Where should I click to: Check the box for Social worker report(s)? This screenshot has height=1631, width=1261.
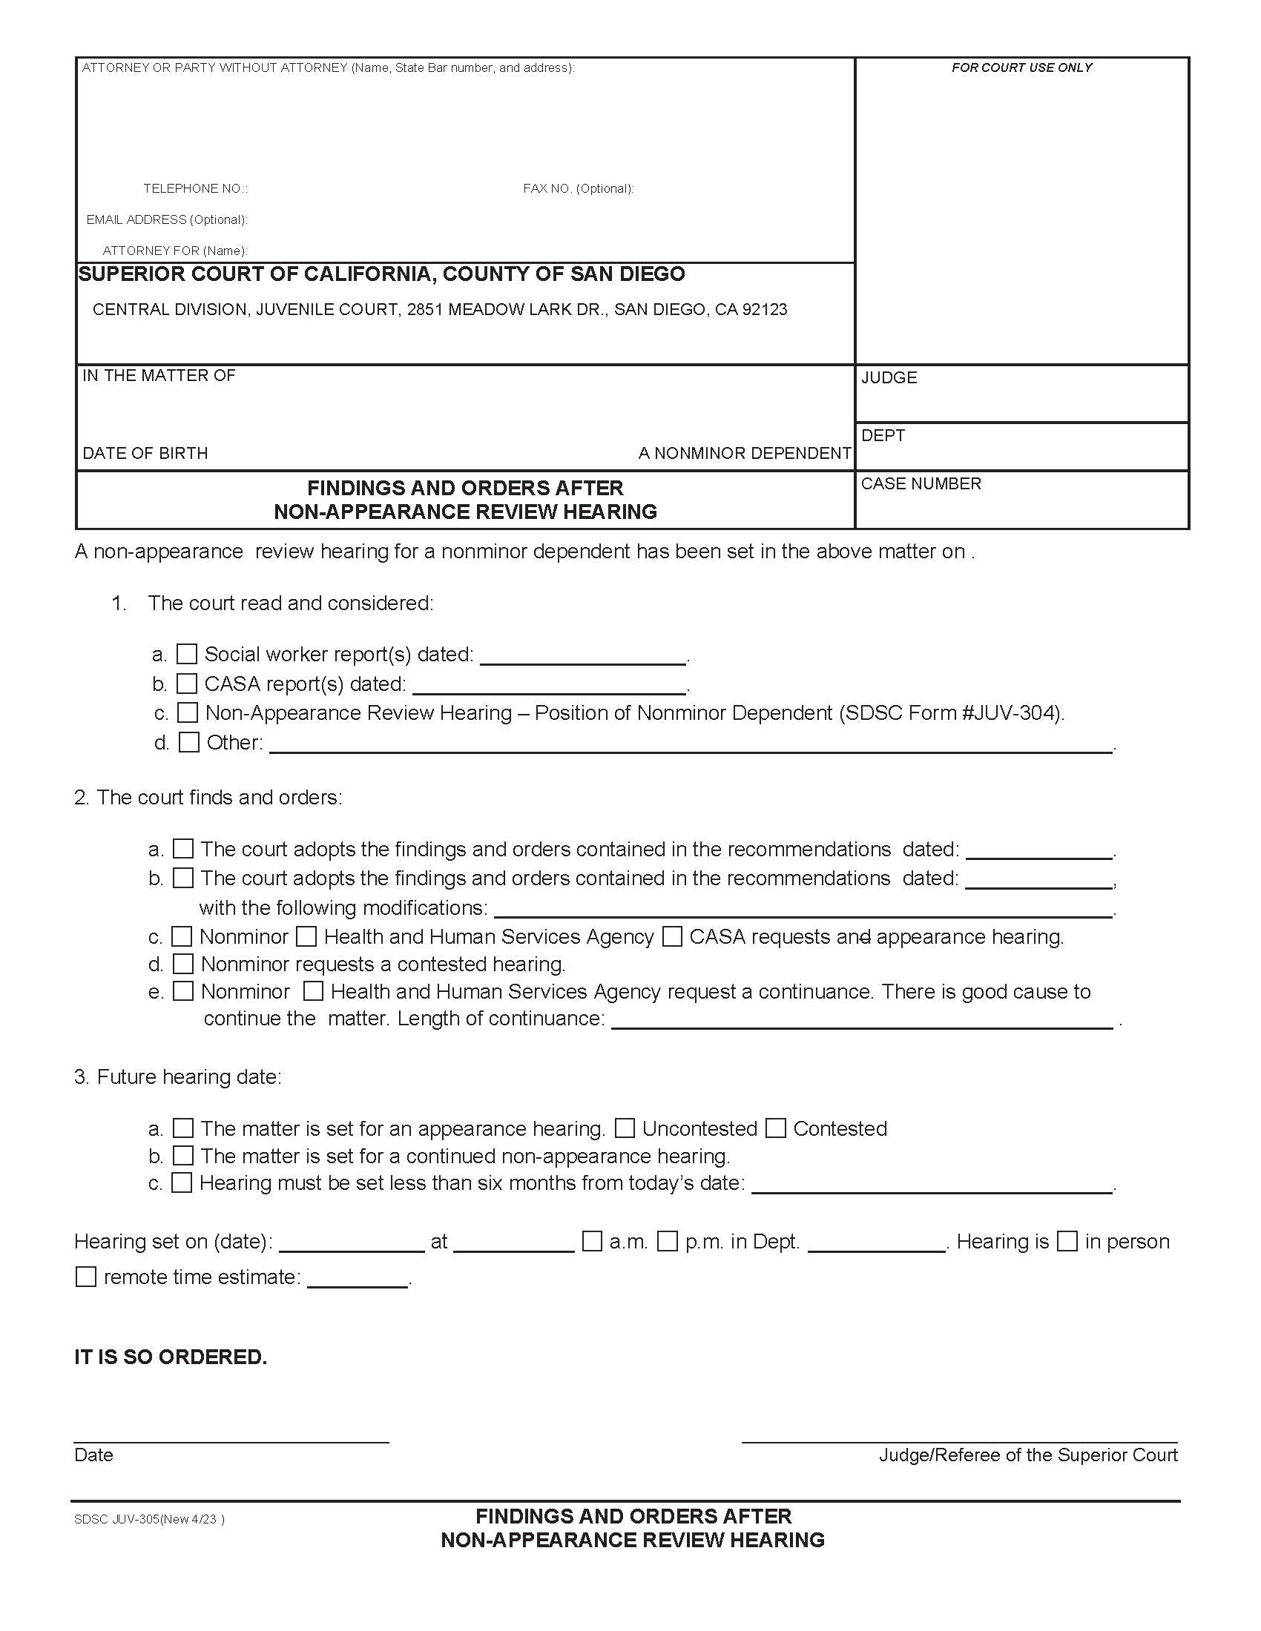pos(186,654)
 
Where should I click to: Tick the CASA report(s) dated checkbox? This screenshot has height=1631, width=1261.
pos(186,684)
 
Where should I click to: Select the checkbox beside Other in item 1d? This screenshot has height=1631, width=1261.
pos(189,742)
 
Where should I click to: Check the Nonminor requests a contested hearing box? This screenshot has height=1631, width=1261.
pos(183,964)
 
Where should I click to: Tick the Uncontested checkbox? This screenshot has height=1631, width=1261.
pos(625,1128)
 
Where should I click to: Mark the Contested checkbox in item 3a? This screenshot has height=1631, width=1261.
pos(776,1128)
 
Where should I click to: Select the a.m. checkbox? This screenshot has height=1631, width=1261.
pos(592,1242)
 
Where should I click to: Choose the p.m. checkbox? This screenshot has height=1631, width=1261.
pos(667,1242)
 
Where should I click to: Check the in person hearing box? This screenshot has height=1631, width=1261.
pos(1067,1242)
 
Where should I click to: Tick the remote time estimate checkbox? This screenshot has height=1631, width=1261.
pos(86,1277)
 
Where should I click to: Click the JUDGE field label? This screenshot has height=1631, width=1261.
pos(889,378)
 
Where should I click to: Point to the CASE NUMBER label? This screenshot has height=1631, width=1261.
pos(921,484)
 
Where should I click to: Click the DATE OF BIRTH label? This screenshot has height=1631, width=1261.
pos(145,453)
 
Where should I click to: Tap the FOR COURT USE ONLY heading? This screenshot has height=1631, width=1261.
pos(1021,68)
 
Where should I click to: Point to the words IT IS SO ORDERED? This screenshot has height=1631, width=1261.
pos(171,1357)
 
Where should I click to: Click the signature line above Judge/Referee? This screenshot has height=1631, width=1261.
pos(959,1441)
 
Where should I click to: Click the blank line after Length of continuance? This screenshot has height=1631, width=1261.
pos(862,1028)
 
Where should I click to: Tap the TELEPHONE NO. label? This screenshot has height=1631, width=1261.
pos(195,189)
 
